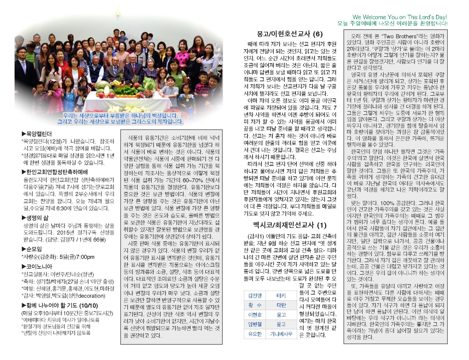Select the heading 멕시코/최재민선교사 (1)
(x=290, y=225)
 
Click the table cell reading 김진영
(x=255, y=296)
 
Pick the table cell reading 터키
(x=281, y=296)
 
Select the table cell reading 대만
(x=281, y=305)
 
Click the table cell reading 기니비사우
(x=281, y=334)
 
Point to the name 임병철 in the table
(x=255, y=324)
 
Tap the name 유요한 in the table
(x=255, y=334)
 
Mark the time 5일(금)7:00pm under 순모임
(x=79, y=257)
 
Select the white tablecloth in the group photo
(x=127, y=101)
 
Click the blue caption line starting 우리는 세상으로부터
(x=120, y=116)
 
